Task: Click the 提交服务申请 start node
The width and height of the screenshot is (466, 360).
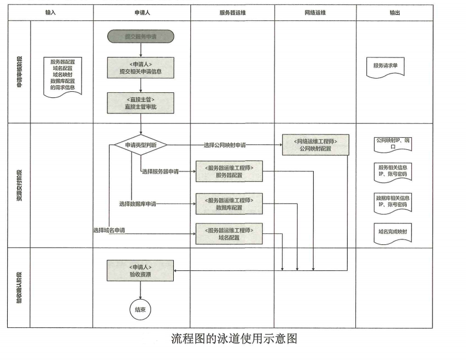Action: (x=141, y=36)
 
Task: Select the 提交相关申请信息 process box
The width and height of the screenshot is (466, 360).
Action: (x=141, y=67)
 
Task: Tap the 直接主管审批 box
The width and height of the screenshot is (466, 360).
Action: (x=141, y=103)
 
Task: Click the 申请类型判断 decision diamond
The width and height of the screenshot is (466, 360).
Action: (x=141, y=145)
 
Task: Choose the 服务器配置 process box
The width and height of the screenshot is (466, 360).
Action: (x=229, y=171)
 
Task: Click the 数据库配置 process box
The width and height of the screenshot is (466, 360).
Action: (x=229, y=204)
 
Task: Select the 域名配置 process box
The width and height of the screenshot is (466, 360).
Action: (x=229, y=233)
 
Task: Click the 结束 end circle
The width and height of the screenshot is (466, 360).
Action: (x=140, y=310)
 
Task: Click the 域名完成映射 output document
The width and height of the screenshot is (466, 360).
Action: (x=392, y=233)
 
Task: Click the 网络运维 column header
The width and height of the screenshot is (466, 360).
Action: (x=315, y=12)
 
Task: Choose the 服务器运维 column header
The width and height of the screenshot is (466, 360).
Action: (x=232, y=12)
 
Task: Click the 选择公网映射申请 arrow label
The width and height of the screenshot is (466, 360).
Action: (x=225, y=145)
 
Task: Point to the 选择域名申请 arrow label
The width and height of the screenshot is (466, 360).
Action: (x=109, y=230)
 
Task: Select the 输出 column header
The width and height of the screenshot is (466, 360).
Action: (x=394, y=12)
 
